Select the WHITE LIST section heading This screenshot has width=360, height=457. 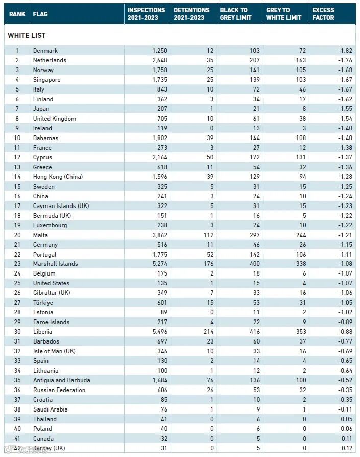tap(27, 35)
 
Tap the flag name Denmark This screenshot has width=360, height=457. tap(45, 51)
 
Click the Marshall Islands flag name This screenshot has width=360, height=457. tap(55, 264)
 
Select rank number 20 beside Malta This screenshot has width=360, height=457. tap(17, 235)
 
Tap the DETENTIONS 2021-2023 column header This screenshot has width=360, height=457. tap(191, 14)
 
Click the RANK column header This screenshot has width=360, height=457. tap(17, 14)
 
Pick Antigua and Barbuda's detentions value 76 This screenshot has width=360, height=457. tap(210, 380)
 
